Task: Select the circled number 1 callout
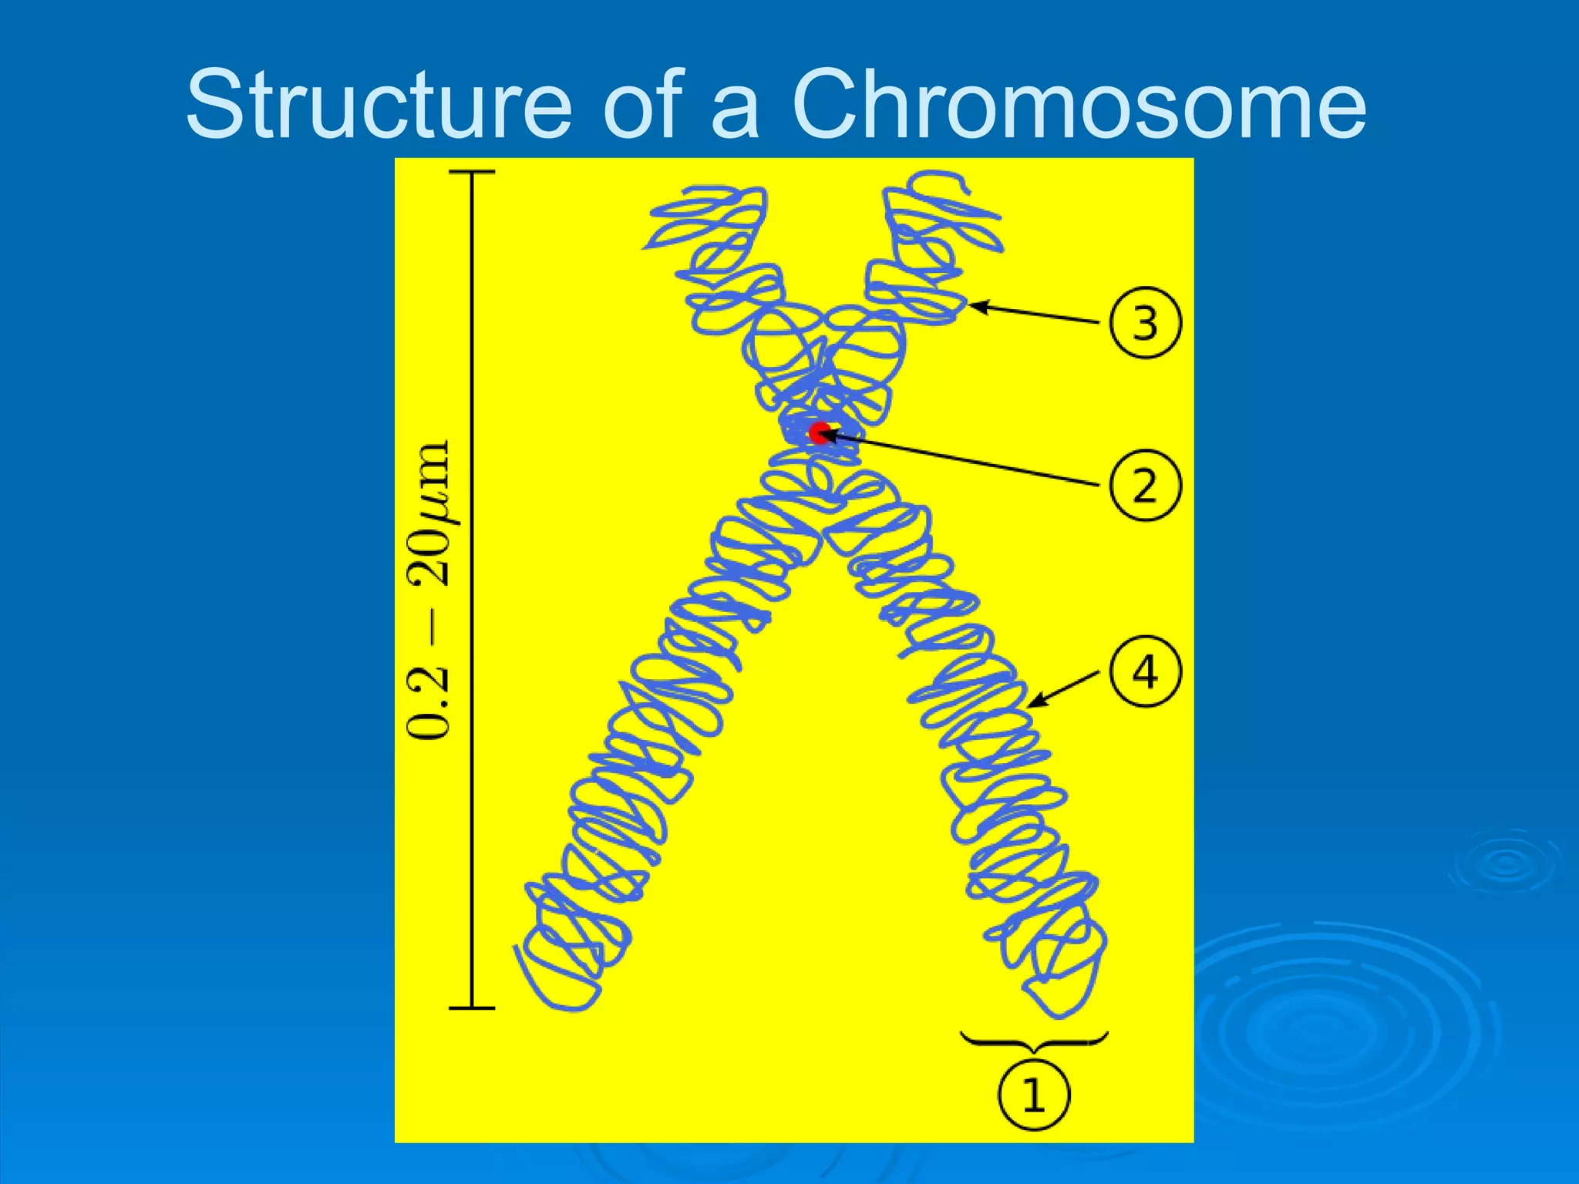coord(1034,1095)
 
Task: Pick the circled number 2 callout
coord(1145,486)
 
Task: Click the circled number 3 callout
coord(1145,323)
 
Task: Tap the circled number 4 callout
coord(1145,671)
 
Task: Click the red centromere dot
coord(819,432)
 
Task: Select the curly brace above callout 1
coord(1034,1041)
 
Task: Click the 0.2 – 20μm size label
coord(428,590)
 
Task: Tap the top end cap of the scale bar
coord(472,172)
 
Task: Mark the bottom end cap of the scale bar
coord(472,1007)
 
